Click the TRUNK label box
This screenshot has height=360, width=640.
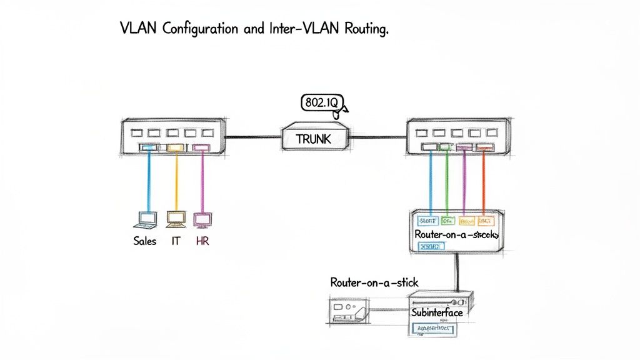(x=314, y=139)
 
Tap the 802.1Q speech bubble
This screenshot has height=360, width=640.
(x=322, y=102)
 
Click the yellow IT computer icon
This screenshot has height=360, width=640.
(x=176, y=219)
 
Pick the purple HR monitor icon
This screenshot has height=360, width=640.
(x=202, y=219)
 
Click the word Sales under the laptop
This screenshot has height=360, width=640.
(x=144, y=241)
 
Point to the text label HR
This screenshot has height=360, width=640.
(x=202, y=241)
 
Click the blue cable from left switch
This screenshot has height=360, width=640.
(x=148, y=181)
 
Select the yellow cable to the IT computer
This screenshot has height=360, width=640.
(x=176, y=181)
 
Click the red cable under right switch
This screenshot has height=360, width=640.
(x=484, y=181)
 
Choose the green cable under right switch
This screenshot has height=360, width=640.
(x=447, y=181)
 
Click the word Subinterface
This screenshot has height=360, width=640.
(x=436, y=311)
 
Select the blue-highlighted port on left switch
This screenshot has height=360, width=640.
(x=148, y=147)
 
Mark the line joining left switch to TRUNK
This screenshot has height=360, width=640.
(x=252, y=136)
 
